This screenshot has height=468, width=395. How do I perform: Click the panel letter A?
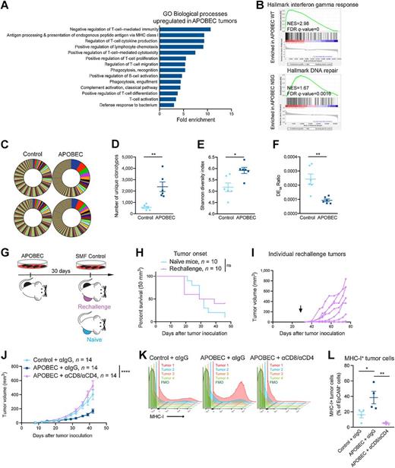(x=6, y=7)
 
